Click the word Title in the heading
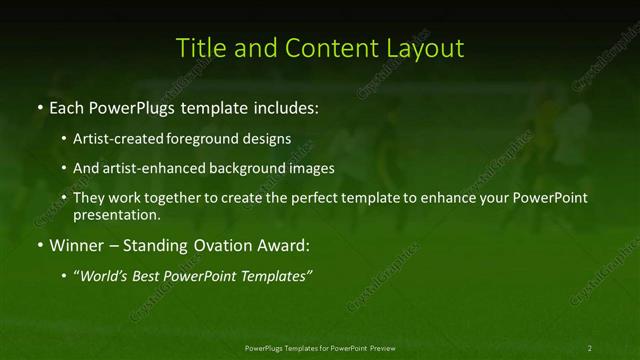pyautogui.click(x=199, y=48)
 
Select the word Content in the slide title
pyautogui.click(x=322, y=48)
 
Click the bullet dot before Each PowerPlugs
pyautogui.click(x=38, y=106)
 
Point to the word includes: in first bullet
pyautogui.click(x=288, y=106)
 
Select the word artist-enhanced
pyautogui.click(x=148, y=168)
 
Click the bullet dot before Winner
pyautogui.click(x=38, y=245)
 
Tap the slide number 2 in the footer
pyautogui.click(x=589, y=347)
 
